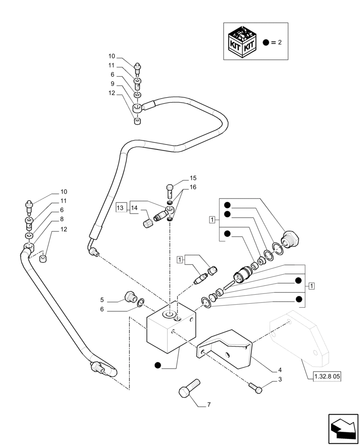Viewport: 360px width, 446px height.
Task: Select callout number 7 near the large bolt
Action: tap(209, 405)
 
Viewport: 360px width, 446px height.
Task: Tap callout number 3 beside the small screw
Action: tap(280, 380)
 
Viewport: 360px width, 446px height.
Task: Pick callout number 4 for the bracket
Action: tap(280, 370)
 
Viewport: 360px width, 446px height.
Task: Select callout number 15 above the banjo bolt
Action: tap(192, 178)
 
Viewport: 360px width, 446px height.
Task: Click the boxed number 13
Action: tap(120, 207)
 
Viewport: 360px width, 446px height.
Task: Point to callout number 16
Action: tap(192, 187)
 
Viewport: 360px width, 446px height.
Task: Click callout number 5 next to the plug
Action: tap(102, 299)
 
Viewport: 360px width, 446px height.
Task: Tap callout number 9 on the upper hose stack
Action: tap(113, 84)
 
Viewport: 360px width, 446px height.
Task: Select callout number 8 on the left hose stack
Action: tap(61, 219)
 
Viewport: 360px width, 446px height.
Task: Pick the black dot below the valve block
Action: tap(157, 366)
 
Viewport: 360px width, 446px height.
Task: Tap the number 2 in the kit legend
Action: tap(280, 42)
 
